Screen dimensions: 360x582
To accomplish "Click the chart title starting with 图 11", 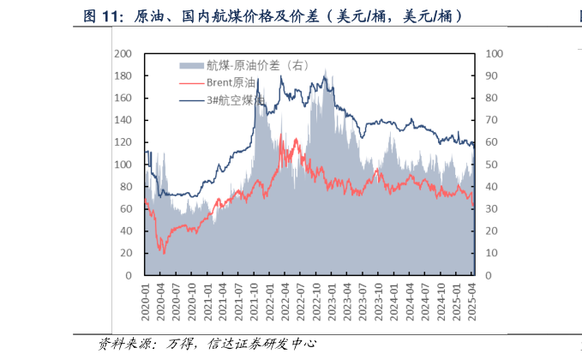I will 273,15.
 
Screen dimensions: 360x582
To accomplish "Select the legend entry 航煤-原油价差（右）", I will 256,65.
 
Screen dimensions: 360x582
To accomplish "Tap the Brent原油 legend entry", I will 231,83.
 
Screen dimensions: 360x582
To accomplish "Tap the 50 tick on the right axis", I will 490,165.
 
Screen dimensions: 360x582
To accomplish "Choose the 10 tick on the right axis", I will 490,254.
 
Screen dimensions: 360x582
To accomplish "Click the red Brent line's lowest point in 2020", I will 164,253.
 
